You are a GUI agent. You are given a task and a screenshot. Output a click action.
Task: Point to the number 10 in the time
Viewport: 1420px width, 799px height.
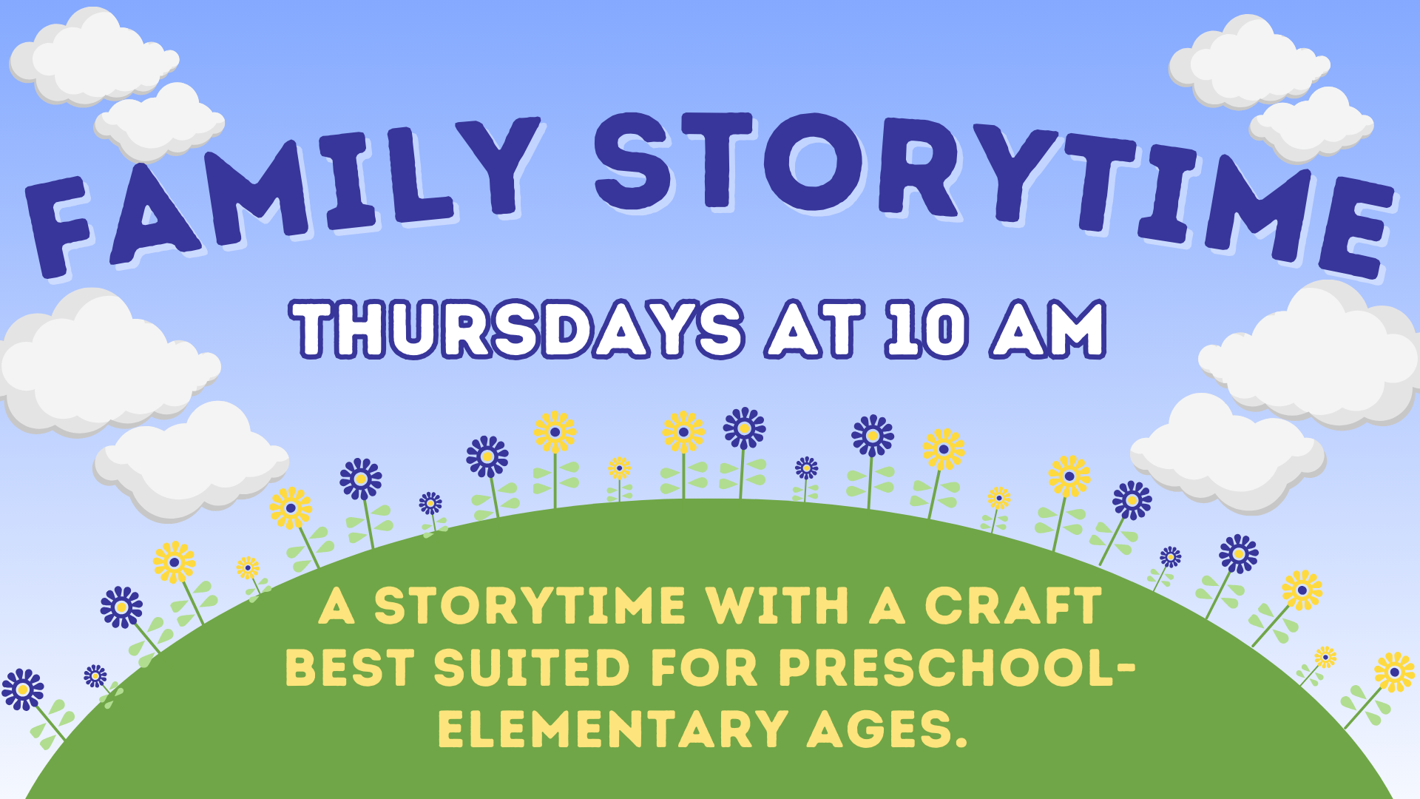pos(927,329)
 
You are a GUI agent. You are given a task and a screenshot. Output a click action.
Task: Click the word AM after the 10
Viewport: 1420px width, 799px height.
pos(1049,329)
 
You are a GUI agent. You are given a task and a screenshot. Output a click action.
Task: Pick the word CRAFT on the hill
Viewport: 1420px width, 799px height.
pos(1013,607)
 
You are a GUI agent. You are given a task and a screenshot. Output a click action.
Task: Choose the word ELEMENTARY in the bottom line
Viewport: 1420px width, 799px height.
pos(612,729)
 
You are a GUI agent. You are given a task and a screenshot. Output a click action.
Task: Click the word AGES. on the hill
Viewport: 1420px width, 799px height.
pos(887,729)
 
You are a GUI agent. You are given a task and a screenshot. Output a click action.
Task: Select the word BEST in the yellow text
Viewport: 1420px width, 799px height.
pos(349,668)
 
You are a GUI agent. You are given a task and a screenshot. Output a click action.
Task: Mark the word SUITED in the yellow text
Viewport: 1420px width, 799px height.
pos(532,668)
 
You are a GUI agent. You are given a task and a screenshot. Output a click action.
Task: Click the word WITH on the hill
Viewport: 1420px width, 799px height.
pos(777,607)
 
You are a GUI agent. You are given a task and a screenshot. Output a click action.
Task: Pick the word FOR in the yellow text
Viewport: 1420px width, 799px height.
pos(704,668)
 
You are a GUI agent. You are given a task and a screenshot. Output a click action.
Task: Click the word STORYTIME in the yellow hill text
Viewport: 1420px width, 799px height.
pos(530,607)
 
